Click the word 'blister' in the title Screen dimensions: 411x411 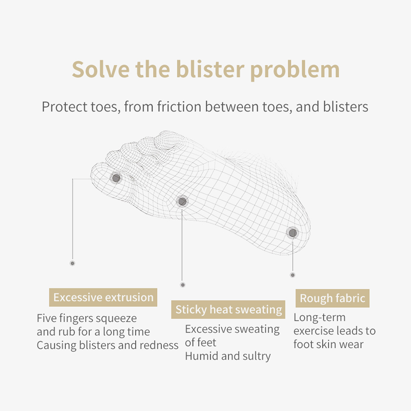tap(210, 69)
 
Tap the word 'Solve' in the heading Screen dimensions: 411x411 tap(100, 69)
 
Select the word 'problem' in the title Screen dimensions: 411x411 tap(295, 71)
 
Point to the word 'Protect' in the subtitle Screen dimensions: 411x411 tap(64, 107)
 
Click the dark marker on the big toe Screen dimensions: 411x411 tap(116, 178)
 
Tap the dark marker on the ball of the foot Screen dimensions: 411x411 tap(182, 202)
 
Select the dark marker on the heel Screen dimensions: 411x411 tap(293, 233)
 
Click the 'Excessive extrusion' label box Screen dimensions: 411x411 tap(103, 298)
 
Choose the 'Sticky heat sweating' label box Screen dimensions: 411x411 tap(228, 309)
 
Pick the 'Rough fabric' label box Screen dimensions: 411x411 tap(332, 298)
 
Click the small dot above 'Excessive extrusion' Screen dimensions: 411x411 tap(72, 263)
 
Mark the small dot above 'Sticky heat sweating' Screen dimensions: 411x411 tap(183, 285)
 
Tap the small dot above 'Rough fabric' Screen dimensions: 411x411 tap(293, 275)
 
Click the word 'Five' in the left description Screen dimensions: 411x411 tap(46, 318)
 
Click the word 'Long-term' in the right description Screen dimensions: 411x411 tap(320, 317)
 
